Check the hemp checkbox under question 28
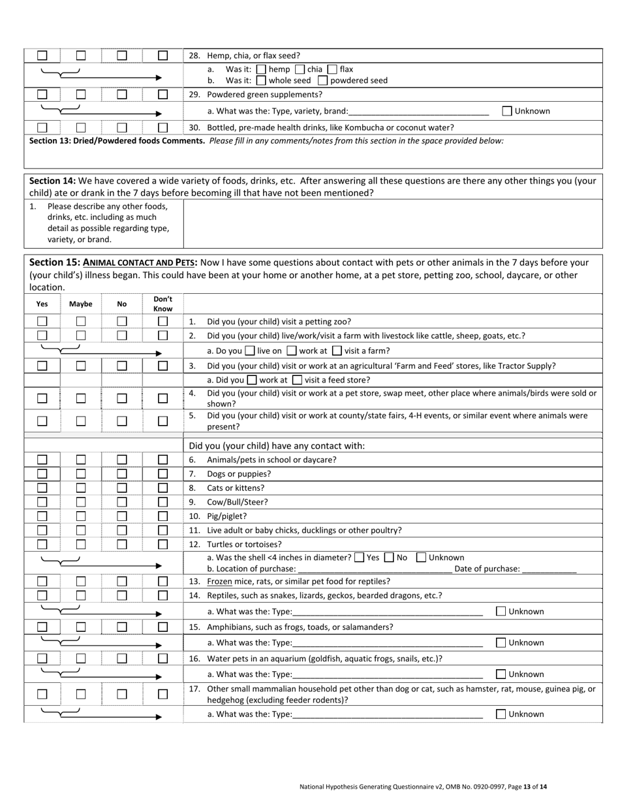point(261,69)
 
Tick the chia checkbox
point(300,69)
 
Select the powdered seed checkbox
point(322,81)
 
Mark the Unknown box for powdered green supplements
point(507,111)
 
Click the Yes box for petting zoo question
point(42,321)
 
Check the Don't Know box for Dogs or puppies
point(163,474)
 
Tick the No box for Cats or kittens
point(122,488)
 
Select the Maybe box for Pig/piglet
point(81,516)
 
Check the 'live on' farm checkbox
point(249,351)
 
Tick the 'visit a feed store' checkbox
point(297,380)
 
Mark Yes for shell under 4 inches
point(359,558)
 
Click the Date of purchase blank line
point(550,569)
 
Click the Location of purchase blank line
point(375,569)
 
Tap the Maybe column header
point(81,304)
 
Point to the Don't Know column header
point(163,304)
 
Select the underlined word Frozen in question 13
point(219,581)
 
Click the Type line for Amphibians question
point(388,643)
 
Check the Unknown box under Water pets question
point(501,674)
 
